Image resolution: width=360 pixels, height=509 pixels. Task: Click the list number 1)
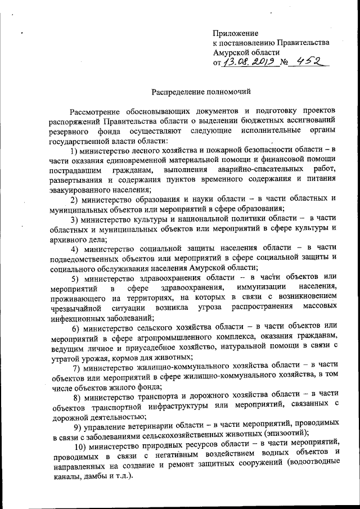(x=74, y=151)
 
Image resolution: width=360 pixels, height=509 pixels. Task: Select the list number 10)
(x=78, y=449)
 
